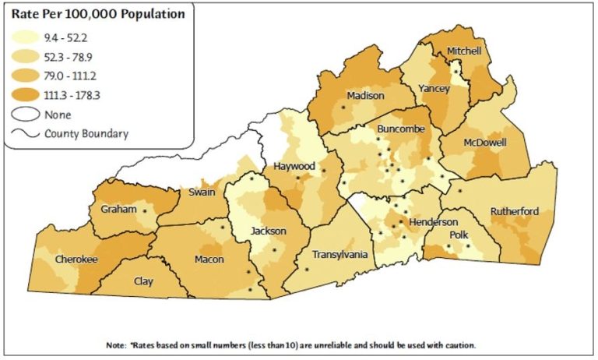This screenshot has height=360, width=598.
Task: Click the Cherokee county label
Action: click(x=76, y=259)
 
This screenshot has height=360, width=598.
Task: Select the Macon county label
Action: click(x=209, y=259)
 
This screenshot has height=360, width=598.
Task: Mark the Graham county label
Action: click(x=118, y=210)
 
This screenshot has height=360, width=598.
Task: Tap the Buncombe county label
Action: click(x=398, y=128)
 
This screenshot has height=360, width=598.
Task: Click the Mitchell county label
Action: click(x=464, y=51)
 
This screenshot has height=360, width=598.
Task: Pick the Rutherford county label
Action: click(x=515, y=211)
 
